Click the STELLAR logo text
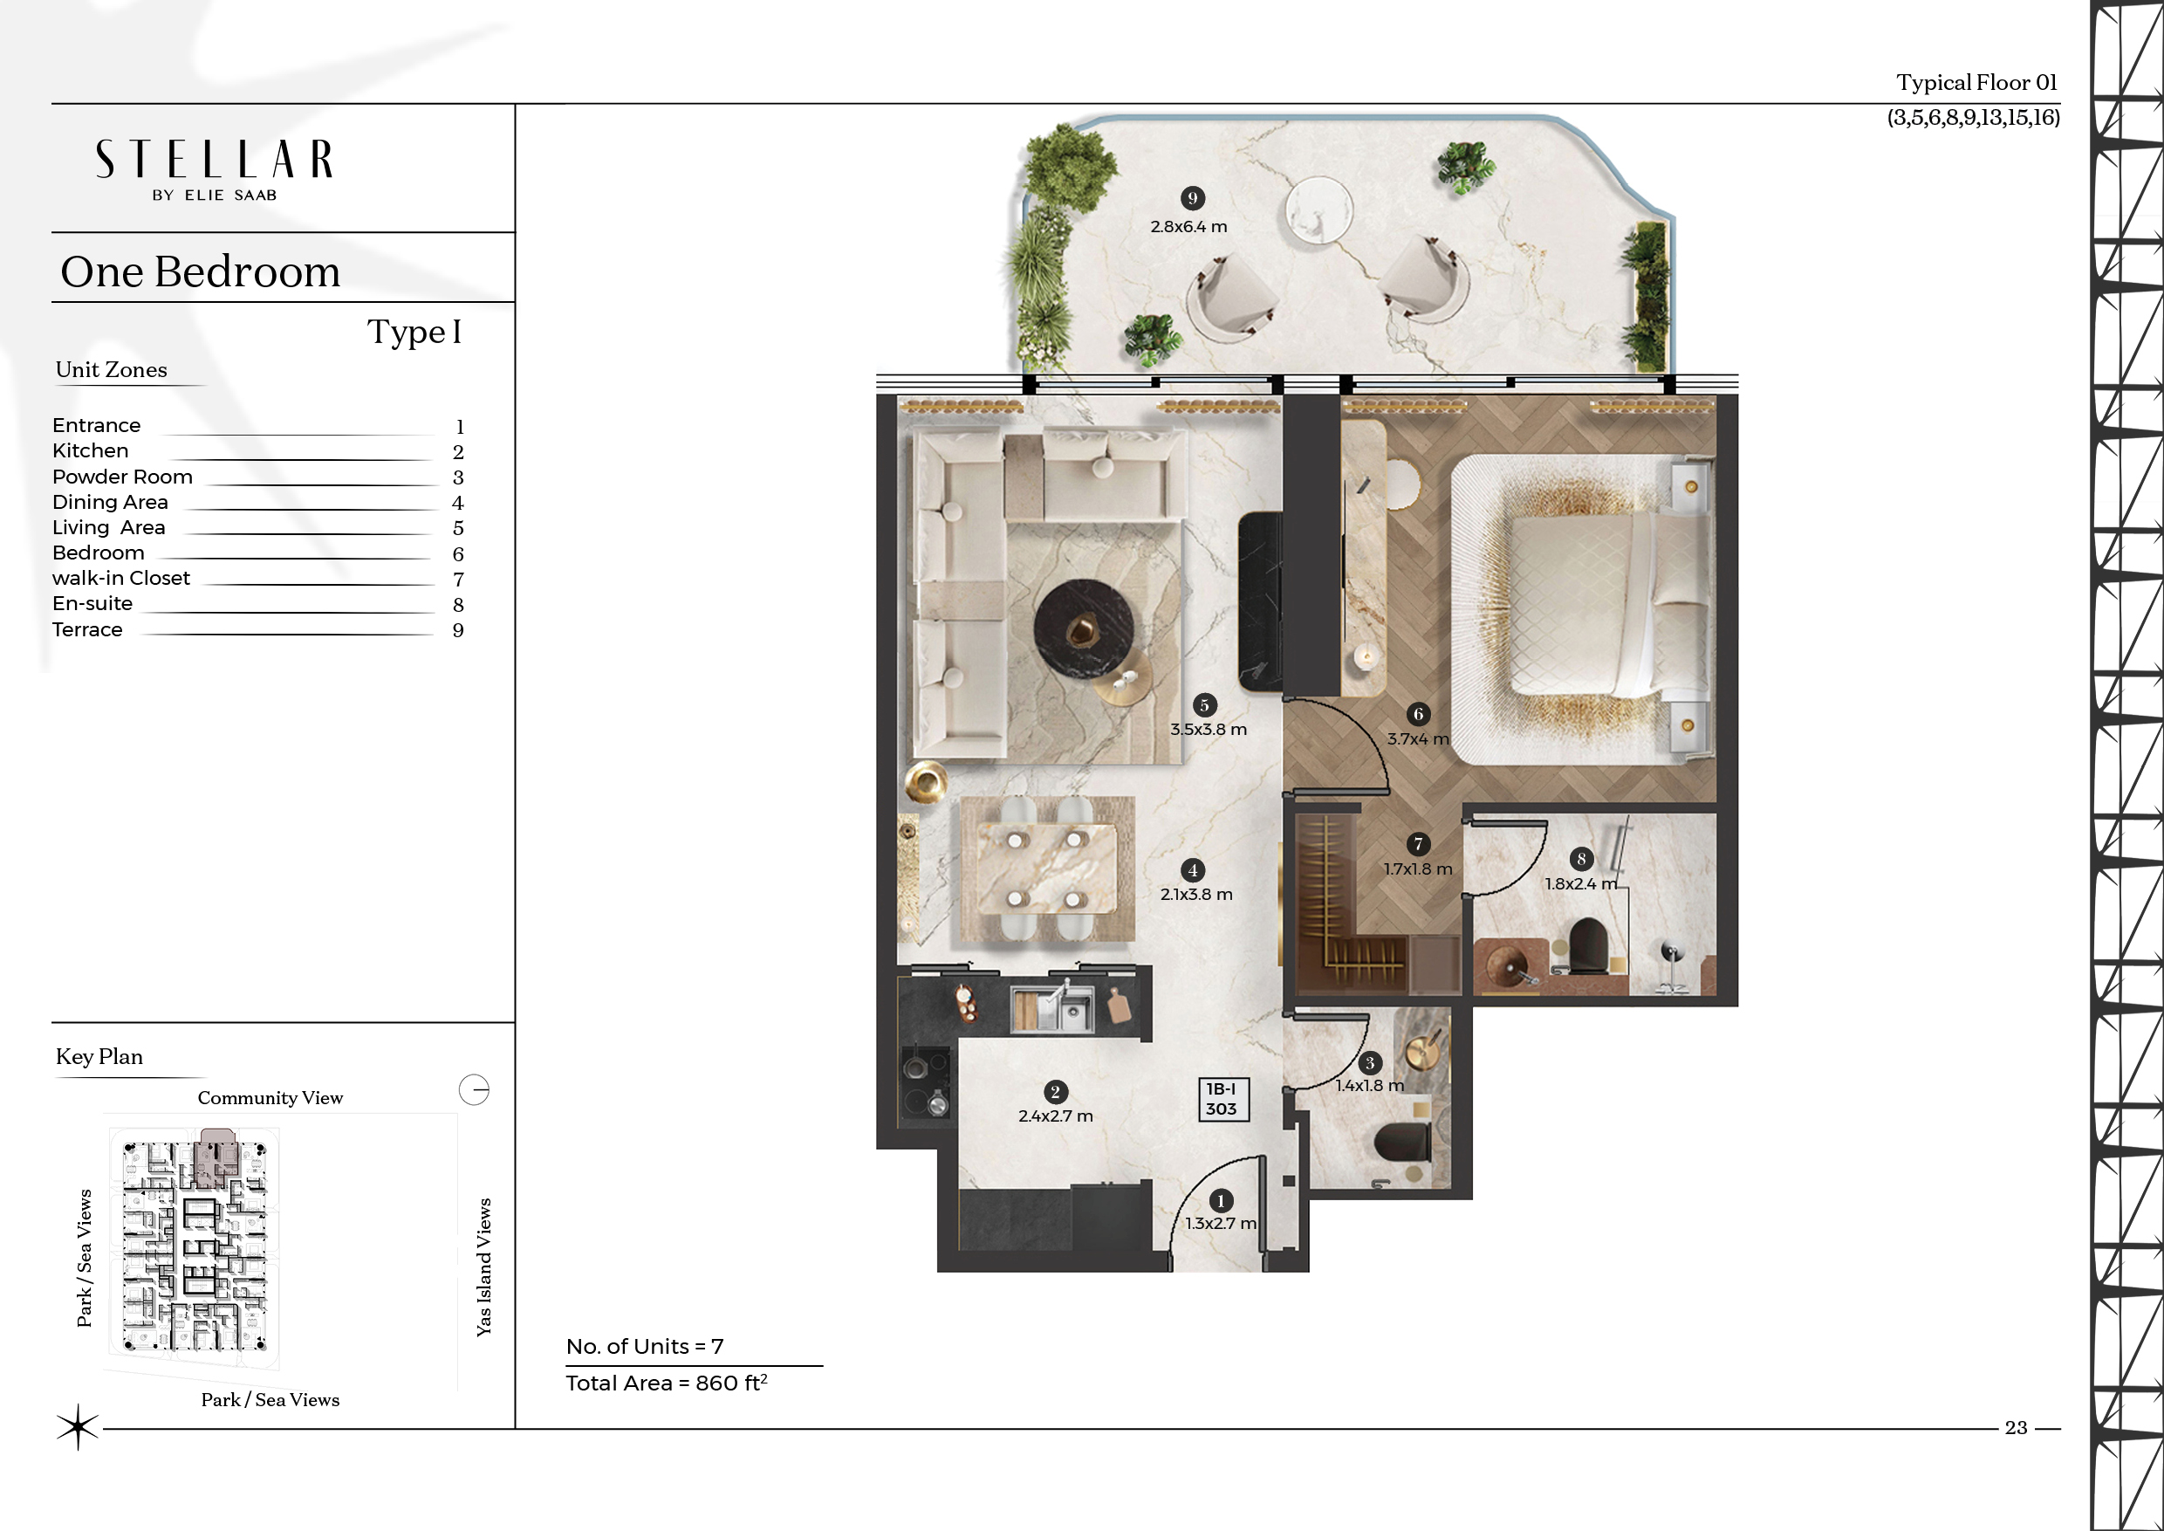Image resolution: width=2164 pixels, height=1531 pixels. (214, 160)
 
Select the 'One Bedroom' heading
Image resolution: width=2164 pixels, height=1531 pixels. (200, 271)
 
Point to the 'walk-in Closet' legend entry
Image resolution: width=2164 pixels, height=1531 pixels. (120, 578)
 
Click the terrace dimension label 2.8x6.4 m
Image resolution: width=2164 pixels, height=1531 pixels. (1188, 226)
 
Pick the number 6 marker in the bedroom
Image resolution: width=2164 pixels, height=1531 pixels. (1418, 714)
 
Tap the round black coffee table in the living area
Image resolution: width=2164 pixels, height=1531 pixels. (1083, 628)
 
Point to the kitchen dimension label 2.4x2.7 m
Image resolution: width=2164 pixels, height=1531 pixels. (1056, 1116)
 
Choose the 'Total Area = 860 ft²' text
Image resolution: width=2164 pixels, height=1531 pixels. (668, 1382)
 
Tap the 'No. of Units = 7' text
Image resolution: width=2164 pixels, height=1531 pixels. (645, 1346)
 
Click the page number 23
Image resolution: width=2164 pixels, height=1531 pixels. (2016, 1427)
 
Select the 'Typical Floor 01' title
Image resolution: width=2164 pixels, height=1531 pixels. (1976, 83)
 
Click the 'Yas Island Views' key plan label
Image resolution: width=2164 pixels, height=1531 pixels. (484, 1267)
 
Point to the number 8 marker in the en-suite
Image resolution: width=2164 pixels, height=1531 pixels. (1581, 859)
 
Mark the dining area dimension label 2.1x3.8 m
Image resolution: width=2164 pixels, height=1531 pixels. (1196, 895)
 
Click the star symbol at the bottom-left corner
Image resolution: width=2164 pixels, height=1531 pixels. (78, 1426)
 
